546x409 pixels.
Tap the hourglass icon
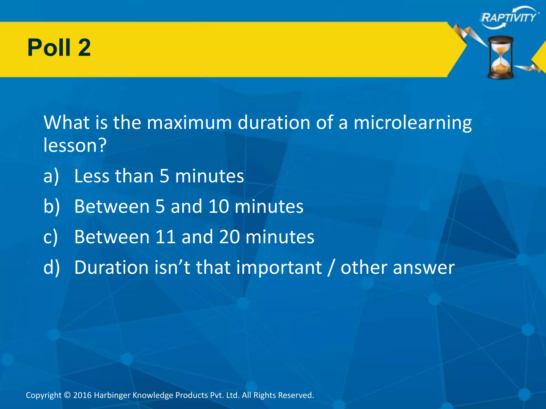tap(501, 57)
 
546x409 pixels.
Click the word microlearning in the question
tap(412, 123)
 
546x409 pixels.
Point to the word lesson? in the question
tap(75, 145)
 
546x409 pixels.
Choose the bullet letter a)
tap(51, 176)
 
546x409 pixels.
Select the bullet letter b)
tap(51, 207)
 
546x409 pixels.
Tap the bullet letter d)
tap(51, 267)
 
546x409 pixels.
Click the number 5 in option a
tap(164, 176)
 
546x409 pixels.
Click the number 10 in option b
tap(219, 207)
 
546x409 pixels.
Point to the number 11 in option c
tap(165, 237)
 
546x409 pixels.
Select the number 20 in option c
tap(229, 237)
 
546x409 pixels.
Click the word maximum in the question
tap(189, 123)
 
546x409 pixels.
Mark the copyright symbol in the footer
tap(67, 395)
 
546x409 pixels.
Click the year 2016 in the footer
tap(82, 395)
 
